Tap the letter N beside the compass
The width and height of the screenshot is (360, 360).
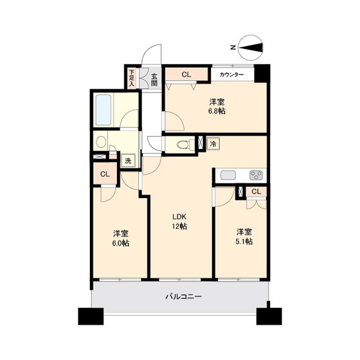[232, 46]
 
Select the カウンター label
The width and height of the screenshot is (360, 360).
[231, 75]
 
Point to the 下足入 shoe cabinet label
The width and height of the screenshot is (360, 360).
[131, 78]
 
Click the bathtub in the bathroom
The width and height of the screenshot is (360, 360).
[104, 111]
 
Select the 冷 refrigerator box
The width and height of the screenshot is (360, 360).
[213, 144]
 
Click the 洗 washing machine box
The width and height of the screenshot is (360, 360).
[128, 161]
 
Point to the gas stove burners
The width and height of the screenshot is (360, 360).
[256, 175]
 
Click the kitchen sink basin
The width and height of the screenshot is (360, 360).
[229, 175]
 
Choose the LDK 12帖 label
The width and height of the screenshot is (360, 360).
[179, 222]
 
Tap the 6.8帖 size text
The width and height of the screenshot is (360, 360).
[217, 111]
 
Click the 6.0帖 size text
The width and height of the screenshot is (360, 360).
[120, 244]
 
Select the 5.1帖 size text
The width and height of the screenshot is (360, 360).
[243, 242]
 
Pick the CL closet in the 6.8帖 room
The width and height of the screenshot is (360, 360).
[186, 75]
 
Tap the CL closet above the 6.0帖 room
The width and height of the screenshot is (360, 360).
[104, 174]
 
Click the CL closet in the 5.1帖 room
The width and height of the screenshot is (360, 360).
[256, 192]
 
